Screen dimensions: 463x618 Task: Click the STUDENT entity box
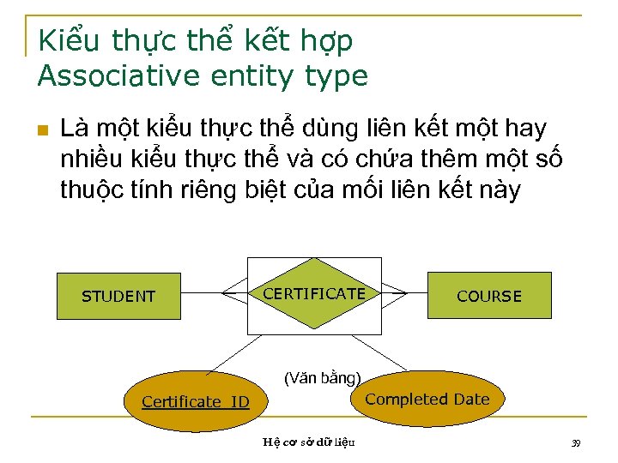pyautogui.click(x=118, y=297)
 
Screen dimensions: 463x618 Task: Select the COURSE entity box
pyautogui.click(x=488, y=297)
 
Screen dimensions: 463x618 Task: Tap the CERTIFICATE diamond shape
pyautogui.click(x=314, y=294)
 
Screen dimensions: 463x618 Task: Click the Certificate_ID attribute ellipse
pyautogui.click(x=196, y=401)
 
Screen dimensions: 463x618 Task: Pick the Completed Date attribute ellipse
pyautogui.click(x=427, y=399)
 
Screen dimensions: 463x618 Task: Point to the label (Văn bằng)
pyautogui.click(x=324, y=377)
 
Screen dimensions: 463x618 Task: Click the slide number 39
pyautogui.click(x=576, y=442)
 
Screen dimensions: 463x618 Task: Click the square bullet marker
pyautogui.click(x=41, y=130)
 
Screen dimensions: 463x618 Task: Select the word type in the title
pyautogui.click(x=336, y=76)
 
